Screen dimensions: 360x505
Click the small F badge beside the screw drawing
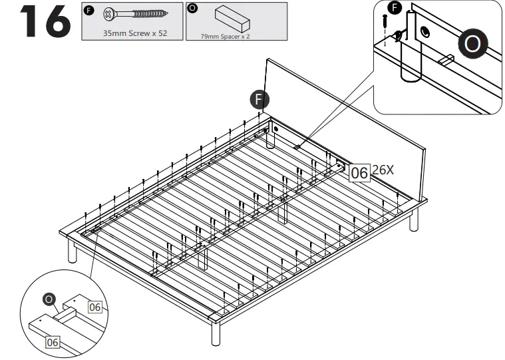point(88,9)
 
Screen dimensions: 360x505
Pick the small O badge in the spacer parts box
point(192,9)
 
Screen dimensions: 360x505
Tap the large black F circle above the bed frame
point(259,100)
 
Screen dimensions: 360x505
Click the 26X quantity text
point(383,170)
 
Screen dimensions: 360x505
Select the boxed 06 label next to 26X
point(359,172)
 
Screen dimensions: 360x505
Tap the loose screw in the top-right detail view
point(385,21)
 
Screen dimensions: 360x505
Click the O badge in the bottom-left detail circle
point(48,299)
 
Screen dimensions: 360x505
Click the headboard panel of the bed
point(346,120)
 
